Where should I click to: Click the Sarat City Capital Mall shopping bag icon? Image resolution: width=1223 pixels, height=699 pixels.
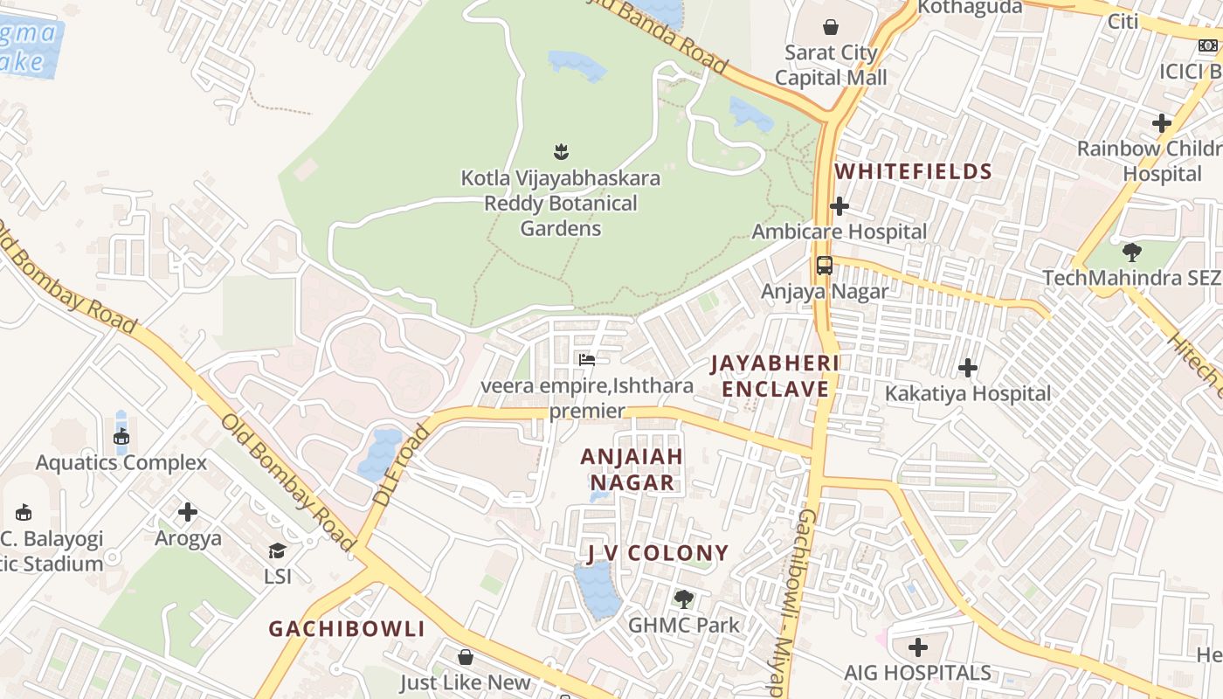[830, 27]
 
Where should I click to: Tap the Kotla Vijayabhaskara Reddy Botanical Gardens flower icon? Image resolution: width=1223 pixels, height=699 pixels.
[561, 152]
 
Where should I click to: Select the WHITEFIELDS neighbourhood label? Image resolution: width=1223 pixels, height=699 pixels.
[914, 171]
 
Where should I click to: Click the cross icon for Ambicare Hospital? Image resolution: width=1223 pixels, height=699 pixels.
[840, 206]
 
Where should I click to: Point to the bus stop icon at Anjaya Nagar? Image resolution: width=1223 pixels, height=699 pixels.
[824, 266]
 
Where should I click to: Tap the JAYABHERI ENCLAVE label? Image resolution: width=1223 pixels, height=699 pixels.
[775, 376]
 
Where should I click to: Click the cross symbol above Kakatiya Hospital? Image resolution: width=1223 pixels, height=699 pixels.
[968, 368]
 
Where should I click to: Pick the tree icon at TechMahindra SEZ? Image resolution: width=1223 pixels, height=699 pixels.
[1131, 253]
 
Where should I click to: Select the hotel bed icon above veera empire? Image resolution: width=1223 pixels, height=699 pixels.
[587, 359]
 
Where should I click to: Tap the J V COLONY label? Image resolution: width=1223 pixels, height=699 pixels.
[657, 552]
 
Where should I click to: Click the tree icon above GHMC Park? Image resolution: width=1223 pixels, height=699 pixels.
[683, 599]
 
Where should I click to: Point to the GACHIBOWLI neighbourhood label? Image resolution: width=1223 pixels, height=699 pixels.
[347, 629]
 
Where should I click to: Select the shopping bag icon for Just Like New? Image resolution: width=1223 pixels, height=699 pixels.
[466, 656]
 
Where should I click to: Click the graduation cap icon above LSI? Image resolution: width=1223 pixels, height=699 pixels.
[277, 550]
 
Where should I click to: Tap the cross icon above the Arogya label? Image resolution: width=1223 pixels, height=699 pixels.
[188, 512]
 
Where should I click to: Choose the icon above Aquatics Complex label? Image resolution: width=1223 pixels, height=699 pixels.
[121, 437]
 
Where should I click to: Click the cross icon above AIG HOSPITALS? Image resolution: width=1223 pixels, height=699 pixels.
[917, 647]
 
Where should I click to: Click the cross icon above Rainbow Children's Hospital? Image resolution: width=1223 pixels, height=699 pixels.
[1161, 123]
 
